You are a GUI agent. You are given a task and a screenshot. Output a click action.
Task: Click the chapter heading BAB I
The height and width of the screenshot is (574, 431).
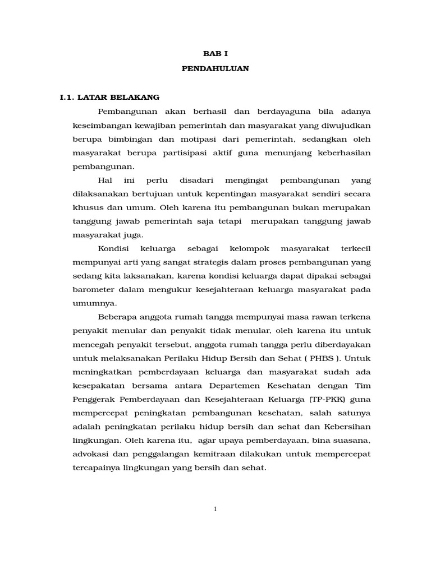(x=215, y=54)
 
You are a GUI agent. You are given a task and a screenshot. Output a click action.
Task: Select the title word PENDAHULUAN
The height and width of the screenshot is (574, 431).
(x=215, y=69)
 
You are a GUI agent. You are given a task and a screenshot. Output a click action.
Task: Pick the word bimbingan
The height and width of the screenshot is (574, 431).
(x=129, y=138)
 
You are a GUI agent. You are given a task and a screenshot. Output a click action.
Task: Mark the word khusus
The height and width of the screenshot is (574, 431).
(x=86, y=207)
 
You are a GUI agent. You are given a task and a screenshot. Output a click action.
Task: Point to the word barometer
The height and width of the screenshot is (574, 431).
(x=96, y=289)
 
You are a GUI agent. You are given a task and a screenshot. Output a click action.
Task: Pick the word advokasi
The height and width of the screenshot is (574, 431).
(x=91, y=453)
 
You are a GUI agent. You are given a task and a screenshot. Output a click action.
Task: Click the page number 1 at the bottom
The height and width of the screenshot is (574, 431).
(x=215, y=509)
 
